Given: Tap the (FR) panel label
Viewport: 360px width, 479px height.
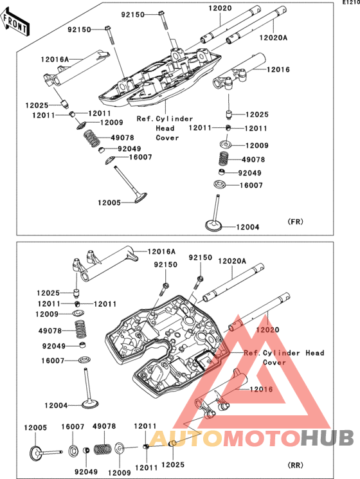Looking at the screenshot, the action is tap(295, 221).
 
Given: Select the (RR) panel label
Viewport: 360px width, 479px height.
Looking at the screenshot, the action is tap(295, 465).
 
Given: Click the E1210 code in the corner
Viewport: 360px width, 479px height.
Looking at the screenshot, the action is tap(351, 2).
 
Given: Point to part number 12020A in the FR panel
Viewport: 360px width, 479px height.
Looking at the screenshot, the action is tap(273, 38).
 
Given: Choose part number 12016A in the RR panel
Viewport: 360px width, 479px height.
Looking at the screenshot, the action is tap(161, 252).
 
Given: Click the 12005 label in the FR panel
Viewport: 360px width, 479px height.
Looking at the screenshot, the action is tap(109, 203).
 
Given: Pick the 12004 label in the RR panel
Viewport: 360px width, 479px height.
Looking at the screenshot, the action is tap(56, 405).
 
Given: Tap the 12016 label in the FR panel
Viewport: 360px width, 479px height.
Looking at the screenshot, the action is tap(278, 69).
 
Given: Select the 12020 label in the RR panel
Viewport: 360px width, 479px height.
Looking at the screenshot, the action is tap(267, 330).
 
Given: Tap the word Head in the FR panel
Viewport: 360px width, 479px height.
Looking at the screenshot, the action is tap(165, 129).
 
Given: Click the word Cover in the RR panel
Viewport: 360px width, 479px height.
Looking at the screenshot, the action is tap(274, 363).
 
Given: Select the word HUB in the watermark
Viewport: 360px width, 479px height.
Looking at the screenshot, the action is tap(327, 438).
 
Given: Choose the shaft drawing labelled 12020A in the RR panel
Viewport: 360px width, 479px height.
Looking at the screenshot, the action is tap(233, 283).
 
